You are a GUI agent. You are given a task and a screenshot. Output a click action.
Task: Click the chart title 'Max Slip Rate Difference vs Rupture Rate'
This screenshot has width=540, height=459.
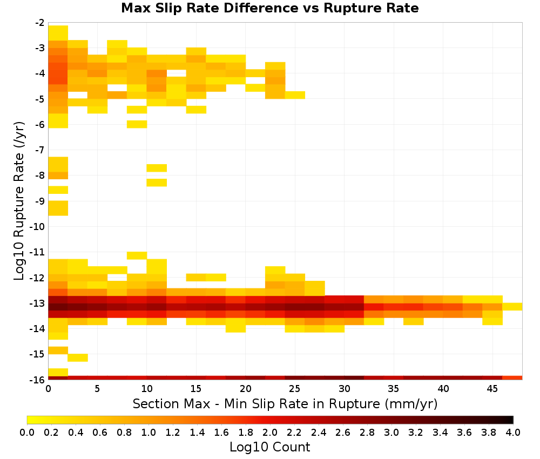pyautogui.click(x=269, y=8)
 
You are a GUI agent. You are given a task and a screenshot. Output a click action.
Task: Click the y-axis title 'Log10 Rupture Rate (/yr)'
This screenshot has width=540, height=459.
pyautogui.click(x=19, y=201)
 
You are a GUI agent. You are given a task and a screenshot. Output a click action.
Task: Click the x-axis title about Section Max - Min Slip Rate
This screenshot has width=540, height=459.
pyautogui.click(x=285, y=403)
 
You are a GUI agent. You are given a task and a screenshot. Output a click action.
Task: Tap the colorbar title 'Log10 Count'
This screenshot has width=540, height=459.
pyautogui.click(x=269, y=447)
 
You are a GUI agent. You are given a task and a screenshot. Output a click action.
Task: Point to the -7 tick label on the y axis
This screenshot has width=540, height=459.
pyautogui.click(x=40, y=150)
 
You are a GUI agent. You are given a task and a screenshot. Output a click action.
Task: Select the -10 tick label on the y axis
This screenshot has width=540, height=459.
pyautogui.click(x=38, y=227)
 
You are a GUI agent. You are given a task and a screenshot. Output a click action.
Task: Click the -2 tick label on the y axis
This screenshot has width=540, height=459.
pyautogui.click(x=40, y=23)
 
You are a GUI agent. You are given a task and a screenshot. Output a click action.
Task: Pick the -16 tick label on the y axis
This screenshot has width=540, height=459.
pyautogui.click(x=38, y=380)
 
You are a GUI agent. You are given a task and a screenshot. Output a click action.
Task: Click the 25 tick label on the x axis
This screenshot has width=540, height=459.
pyautogui.click(x=294, y=389)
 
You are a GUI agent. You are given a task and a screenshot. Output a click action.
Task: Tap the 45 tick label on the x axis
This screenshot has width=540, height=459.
pyautogui.click(x=492, y=389)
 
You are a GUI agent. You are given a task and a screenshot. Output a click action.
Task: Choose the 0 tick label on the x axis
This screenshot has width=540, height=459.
pyautogui.click(x=48, y=389)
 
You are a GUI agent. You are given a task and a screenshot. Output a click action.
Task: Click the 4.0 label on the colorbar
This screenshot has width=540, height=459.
pyautogui.click(x=513, y=432)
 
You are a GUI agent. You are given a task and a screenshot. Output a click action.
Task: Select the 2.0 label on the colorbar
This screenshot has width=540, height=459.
pyautogui.click(x=270, y=432)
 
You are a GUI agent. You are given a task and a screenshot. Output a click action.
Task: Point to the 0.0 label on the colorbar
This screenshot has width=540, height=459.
pyautogui.click(x=27, y=432)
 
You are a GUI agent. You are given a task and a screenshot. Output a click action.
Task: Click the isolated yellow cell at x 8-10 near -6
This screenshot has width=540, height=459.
pyautogui.click(x=137, y=124)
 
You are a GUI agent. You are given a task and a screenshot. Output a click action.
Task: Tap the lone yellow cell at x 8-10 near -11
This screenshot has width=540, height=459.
pyautogui.click(x=137, y=255)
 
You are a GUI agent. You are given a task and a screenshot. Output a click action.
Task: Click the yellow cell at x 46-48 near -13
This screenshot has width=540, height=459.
pyautogui.click(x=512, y=307)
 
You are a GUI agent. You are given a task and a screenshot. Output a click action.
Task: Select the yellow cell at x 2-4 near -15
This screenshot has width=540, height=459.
pyautogui.click(x=78, y=357)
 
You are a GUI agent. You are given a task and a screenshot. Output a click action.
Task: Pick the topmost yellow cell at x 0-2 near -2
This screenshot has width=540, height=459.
pyautogui.click(x=58, y=33)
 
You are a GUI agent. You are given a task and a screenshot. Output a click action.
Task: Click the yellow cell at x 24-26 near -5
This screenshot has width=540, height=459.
pyautogui.click(x=295, y=95)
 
